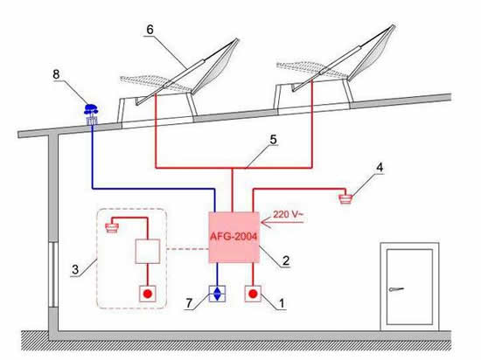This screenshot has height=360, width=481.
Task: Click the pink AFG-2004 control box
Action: tap(234, 237)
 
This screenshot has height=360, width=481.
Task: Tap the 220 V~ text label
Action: tap(288, 214)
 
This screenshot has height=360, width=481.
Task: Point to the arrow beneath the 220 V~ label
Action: tap(282, 222)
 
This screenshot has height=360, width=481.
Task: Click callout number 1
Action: tap(282, 303)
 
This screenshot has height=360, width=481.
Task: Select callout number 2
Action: tap(286, 260)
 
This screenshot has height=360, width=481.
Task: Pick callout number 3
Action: tap(75, 270)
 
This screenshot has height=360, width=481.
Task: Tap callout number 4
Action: tap(380, 167)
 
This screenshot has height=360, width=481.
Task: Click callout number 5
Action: tap(273, 140)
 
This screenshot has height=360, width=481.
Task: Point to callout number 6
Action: tap(150, 30)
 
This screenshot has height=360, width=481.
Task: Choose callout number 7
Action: tap(189, 303)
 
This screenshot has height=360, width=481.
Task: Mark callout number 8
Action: tap(56, 74)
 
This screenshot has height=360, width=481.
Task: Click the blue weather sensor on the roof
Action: tap(92, 114)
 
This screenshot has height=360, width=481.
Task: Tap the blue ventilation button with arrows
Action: tap(217, 294)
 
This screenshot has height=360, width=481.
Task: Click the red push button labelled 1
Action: tap(253, 294)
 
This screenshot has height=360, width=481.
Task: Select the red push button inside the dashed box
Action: tap(148, 294)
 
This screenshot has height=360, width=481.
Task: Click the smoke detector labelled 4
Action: tap(346, 198)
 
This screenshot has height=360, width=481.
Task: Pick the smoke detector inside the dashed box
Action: tap(112, 228)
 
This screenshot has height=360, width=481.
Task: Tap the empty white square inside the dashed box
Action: tap(148, 252)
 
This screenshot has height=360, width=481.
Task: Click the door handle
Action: tap(395, 289)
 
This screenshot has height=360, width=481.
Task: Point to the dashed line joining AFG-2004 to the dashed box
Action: tap(188, 249)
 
